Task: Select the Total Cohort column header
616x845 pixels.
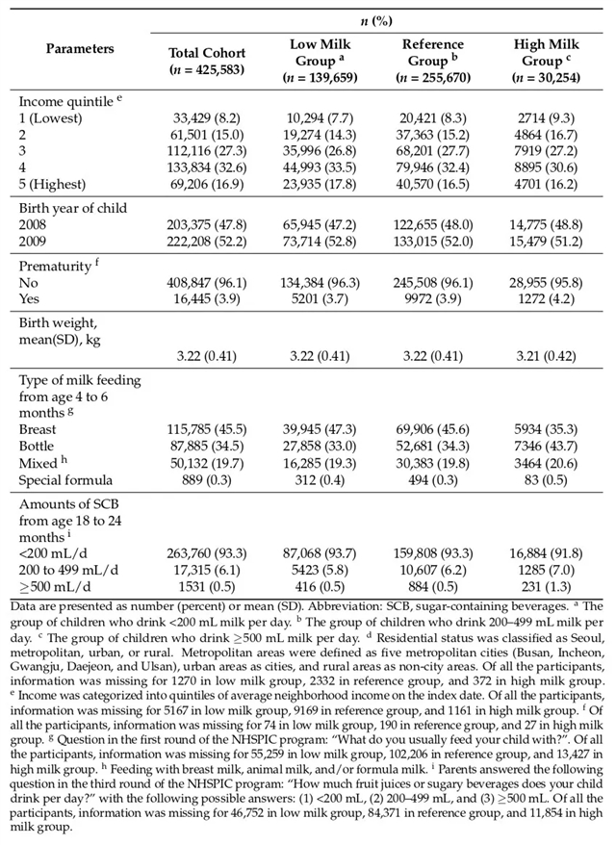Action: click(207, 60)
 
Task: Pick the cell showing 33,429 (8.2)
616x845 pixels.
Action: click(208, 117)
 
